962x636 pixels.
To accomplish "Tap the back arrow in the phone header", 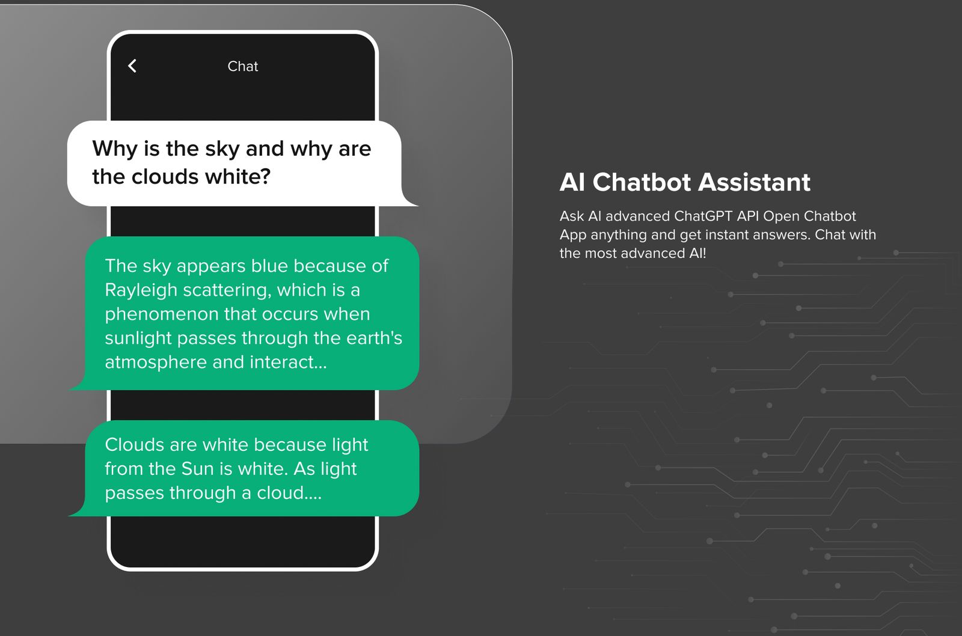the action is point(132,66).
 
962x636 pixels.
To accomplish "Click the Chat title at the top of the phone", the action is point(243,66).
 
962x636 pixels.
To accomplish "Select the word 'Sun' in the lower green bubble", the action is point(198,468).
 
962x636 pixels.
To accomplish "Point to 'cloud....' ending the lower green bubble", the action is point(289,492).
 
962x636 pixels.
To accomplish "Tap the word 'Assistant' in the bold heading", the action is point(754,182).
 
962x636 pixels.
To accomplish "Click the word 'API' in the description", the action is point(748,216).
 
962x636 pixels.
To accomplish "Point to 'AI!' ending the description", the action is point(697,253).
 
